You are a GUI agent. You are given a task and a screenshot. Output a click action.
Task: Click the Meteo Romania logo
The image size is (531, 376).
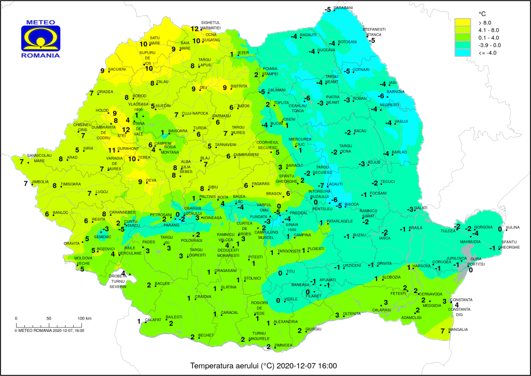[x=40, y=39]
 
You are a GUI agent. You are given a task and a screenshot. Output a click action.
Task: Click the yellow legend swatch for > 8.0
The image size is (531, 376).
[x=463, y=23]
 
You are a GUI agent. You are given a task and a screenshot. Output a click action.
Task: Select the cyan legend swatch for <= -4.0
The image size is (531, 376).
[x=463, y=52]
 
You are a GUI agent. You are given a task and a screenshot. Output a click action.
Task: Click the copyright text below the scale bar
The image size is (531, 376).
[x=49, y=329]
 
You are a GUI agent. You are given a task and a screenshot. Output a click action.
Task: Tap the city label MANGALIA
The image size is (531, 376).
[x=458, y=329]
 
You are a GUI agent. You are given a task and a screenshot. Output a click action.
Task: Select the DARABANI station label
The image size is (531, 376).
[x=343, y=8]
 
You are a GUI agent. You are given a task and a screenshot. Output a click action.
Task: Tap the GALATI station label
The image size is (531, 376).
[x=422, y=207]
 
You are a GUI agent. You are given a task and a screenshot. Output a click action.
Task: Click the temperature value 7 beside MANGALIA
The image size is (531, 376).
[x=442, y=330]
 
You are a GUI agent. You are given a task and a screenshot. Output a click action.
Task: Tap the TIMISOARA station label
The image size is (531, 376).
[x=71, y=184]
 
